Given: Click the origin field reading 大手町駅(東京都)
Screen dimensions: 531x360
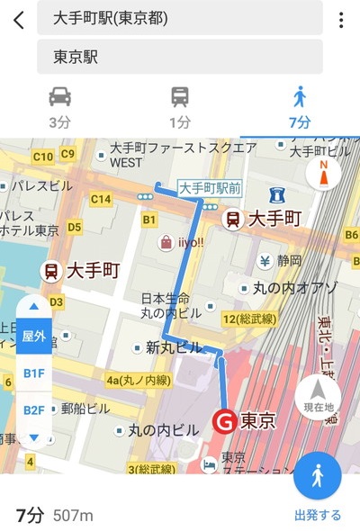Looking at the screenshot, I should (179, 18).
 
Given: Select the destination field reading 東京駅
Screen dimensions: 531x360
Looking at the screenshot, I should (179, 57).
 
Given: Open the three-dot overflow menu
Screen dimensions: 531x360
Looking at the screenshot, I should (341, 20).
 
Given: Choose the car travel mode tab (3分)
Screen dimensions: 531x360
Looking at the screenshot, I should (59, 107).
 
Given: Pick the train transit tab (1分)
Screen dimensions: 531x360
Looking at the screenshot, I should (179, 107).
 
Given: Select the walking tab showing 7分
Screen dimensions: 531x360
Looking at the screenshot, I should (301, 107).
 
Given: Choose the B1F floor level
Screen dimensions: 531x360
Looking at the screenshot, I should (33, 372).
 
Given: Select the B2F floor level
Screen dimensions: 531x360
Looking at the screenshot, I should (33, 409).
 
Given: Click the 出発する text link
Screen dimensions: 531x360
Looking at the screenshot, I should (318, 516).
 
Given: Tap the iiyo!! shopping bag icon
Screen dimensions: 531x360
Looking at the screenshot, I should (166, 242).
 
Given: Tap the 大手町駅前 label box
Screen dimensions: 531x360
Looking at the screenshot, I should (209, 188).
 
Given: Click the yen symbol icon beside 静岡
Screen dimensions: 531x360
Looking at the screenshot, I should (265, 262).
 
